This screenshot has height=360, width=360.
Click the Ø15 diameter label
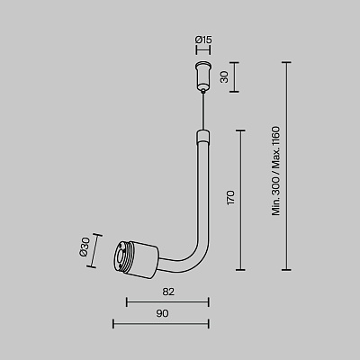click(203, 40)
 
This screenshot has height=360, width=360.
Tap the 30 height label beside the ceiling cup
click(224, 77)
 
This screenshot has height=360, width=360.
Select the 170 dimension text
click(230, 197)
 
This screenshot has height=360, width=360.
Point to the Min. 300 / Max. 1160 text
click(275, 171)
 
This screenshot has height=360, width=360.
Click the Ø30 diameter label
click(85, 247)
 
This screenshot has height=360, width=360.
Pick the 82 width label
click(168, 292)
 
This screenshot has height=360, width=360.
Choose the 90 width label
click(162, 313)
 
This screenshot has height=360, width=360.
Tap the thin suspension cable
click(203, 110)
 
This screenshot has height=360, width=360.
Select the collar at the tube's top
click(203, 137)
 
